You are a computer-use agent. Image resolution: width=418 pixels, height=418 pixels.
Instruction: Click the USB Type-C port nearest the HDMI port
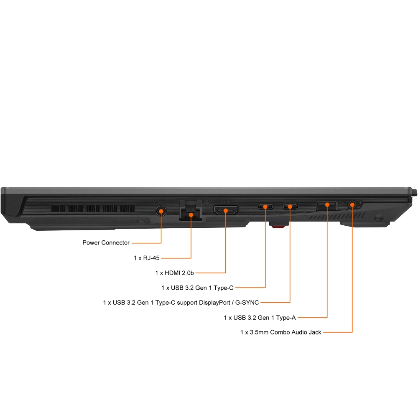(x=265, y=206)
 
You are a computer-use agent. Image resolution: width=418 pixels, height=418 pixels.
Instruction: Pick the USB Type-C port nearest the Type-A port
(x=290, y=206)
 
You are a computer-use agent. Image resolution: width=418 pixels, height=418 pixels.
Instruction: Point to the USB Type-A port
(x=327, y=205)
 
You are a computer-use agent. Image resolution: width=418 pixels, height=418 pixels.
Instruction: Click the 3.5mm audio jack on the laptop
(x=352, y=205)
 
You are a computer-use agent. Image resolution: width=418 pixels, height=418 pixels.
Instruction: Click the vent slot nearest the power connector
(x=127, y=208)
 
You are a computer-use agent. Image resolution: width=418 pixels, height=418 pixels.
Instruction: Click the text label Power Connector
(x=106, y=243)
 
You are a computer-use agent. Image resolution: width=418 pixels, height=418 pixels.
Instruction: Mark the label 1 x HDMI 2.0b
(x=174, y=273)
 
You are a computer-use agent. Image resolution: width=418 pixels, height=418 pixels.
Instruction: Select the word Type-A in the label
(x=285, y=318)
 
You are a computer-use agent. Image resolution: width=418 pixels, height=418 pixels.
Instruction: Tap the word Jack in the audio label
(x=314, y=332)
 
